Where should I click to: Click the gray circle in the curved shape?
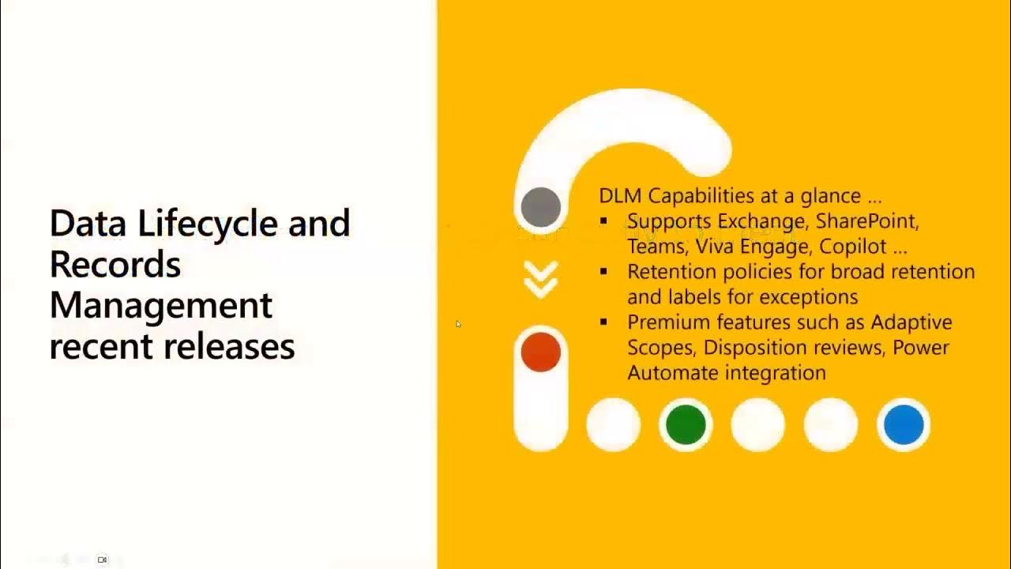(x=541, y=207)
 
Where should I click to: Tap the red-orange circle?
(x=541, y=352)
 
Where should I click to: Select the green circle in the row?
(x=686, y=424)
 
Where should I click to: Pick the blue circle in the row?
(x=904, y=424)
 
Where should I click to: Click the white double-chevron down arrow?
(x=541, y=280)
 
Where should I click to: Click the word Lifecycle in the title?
(x=209, y=224)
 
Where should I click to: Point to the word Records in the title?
(x=115, y=265)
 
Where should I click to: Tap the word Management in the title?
(x=161, y=306)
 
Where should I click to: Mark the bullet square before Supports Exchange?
(x=604, y=221)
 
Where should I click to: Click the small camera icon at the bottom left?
(x=102, y=560)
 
